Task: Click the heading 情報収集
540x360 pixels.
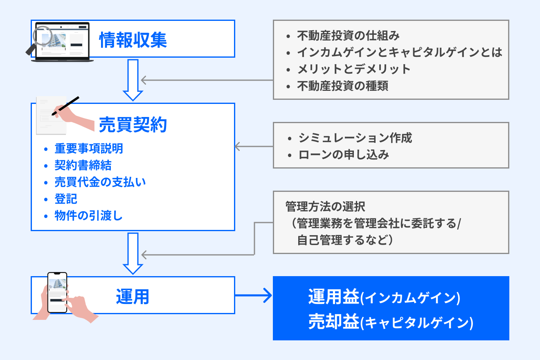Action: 133,40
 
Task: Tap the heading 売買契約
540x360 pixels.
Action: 133,125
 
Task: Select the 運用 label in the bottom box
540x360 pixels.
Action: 132,297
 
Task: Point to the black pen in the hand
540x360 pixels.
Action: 65,106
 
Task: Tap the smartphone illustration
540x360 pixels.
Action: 57,292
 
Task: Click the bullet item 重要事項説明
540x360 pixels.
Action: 88,148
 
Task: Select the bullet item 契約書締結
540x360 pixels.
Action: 83,165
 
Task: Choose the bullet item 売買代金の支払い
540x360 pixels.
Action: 100,182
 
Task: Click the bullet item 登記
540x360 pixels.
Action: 66,199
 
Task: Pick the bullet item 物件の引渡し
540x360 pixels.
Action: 88,216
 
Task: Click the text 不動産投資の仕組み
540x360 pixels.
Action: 348,36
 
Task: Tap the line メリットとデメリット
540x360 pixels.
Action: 353,69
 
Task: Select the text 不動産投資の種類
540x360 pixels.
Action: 342,86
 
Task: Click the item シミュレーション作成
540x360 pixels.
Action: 355,138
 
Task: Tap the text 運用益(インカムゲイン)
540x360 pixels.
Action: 384,297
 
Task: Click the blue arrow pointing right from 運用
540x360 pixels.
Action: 254,295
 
